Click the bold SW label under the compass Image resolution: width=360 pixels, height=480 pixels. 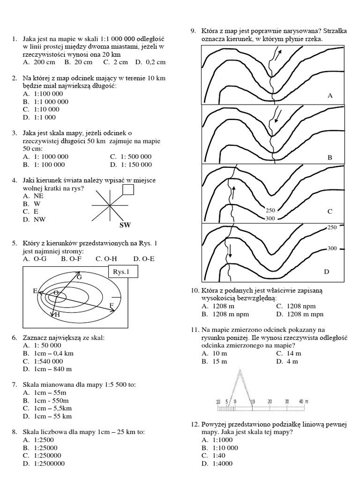(125, 225)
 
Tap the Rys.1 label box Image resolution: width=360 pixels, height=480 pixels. (123, 272)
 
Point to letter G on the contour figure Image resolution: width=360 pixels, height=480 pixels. (79, 277)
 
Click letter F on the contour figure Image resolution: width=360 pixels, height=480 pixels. (112, 306)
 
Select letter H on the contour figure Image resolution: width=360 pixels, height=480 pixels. (58, 315)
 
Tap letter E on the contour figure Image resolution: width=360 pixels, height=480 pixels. (35, 291)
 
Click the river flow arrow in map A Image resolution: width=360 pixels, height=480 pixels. (278, 55)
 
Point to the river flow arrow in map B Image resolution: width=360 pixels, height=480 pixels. (278, 115)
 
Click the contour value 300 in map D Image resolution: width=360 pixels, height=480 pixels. (332, 248)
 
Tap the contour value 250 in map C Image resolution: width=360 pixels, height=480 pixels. (270, 210)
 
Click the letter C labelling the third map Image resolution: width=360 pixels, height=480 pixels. (330, 211)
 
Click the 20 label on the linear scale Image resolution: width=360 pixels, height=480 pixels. (270, 402)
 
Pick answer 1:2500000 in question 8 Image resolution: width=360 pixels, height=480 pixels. (49, 464)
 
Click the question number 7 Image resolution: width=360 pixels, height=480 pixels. (15, 384)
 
